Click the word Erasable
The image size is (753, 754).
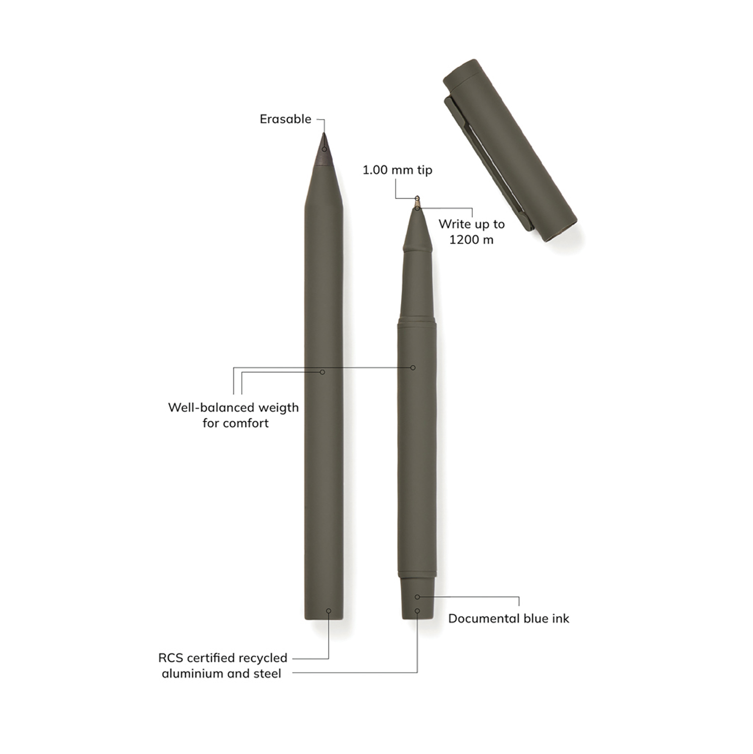285,119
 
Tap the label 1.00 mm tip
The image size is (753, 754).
397,170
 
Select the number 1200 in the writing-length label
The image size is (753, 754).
464,240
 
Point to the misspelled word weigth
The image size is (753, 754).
279,408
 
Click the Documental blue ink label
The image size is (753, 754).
509,619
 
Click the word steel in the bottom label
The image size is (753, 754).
267,674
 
